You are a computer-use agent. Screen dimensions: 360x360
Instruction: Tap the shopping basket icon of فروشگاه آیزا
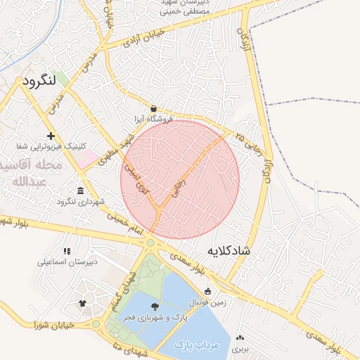click(154, 108)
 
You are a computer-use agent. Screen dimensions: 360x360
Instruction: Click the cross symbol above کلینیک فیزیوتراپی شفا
click(51, 135)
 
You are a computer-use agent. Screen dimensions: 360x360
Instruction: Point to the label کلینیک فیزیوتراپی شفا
click(51, 146)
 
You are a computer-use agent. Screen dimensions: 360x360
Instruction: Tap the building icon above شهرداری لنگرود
click(81, 191)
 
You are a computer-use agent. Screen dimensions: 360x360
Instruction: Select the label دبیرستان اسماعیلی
click(67, 262)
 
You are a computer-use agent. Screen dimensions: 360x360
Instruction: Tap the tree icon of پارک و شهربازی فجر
click(154, 307)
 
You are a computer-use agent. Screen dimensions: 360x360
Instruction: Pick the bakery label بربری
click(240, 348)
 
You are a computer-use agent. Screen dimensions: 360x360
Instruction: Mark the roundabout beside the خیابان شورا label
click(96, 323)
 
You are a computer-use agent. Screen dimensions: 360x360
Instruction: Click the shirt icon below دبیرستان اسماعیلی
click(82, 303)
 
